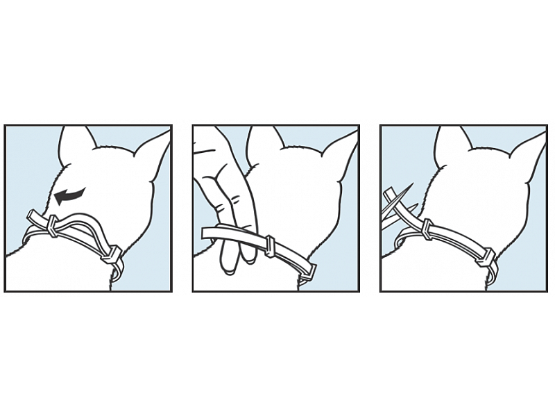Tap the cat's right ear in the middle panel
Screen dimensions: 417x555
[x=340, y=149]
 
